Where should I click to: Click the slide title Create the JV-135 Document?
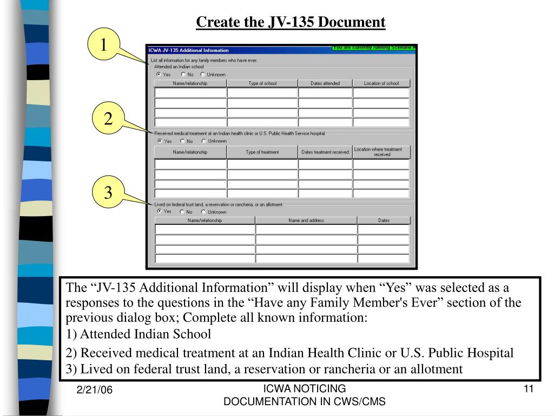(x=291, y=22)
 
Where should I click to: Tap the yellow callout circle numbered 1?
(x=103, y=45)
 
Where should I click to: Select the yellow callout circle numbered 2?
(x=108, y=119)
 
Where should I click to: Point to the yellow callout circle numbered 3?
(x=108, y=192)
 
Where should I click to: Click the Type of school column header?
(x=262, y=83)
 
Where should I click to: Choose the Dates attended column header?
(x=325, y=83)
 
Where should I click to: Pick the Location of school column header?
(x=381, y=83)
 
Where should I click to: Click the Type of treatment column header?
(x=262, y=152)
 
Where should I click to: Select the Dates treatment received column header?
(x=325, y=152)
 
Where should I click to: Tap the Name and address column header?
(x=306, y=220)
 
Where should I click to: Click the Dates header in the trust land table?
(x=384, y=220)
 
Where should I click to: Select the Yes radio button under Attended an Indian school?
(x=159, y=74)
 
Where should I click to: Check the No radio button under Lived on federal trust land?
(x=182, y=212)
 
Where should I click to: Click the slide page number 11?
(x=529, y=389)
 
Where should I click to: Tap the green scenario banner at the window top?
(x=374, y=48)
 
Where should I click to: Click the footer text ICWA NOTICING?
(x=304, y=388)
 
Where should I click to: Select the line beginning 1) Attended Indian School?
(x=138, y=334)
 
